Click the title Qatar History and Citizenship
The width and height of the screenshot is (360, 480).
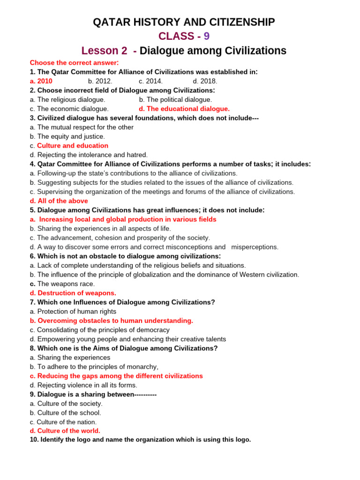[x=184, y=22]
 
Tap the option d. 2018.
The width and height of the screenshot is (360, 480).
[x=205, y=81]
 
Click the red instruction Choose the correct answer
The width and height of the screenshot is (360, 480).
[x=74, y=63]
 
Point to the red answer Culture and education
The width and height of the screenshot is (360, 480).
[x=73, y=146]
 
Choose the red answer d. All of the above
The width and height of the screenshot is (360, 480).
[x=59, y=201]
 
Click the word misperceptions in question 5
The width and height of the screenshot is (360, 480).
[x=255, y=247]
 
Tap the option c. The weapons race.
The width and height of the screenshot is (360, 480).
[x=62, y=284]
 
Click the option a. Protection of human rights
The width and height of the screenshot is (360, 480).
[x=73, y=311]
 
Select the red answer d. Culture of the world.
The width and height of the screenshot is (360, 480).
[x=65, y=431]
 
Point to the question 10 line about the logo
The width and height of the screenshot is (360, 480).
[x=140, y=440]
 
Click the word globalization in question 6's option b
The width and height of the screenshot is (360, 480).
[x=178, y=275]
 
